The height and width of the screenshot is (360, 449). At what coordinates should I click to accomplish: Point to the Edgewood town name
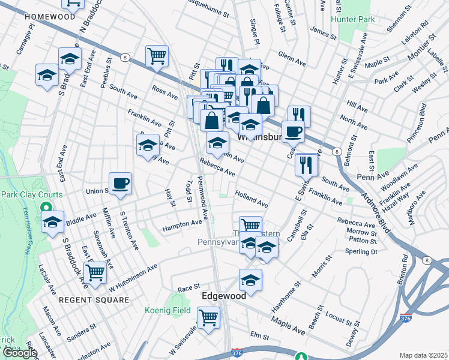coord(224,296)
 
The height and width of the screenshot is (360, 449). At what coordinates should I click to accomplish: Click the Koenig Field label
coord(167,310)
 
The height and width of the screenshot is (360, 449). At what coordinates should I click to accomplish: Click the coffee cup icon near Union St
coord(120,182)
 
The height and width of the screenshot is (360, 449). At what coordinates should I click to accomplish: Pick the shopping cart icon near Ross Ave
coord(156,56)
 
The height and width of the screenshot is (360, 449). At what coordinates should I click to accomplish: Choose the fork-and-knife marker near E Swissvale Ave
coord(307,163)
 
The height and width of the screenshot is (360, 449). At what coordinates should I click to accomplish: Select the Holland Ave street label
coord(252,199)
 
